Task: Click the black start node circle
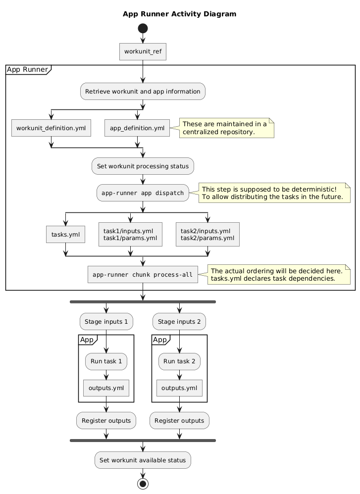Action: pos(143,28)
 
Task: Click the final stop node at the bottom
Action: pos(143,484)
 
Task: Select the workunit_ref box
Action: pos(143,51)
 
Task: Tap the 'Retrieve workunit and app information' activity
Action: pos(143,91)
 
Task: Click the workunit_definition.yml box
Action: pos(51,128)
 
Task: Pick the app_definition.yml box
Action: pos(137,128)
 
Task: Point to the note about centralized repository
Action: pos(226,128)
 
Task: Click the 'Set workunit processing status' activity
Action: pos(143,166)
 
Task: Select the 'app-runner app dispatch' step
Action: pos(143,193)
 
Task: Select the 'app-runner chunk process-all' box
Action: pos(143,275)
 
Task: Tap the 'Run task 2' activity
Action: pos(179,361)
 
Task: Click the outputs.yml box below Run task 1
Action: pos(106,388)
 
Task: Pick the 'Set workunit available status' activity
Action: pos(143,460)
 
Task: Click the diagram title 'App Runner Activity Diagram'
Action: pos(179,14)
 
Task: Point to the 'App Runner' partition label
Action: pos(28,69)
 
